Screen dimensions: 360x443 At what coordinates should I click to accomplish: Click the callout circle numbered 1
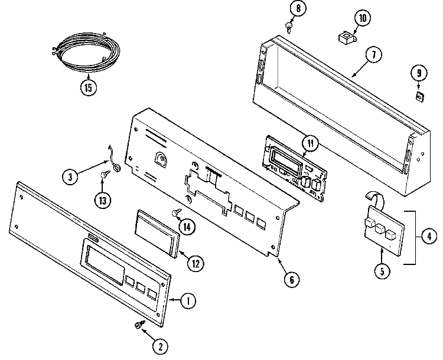pyautogui.click(x=188, y=301)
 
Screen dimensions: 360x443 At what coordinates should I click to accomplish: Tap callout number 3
pyautogui.click(x=71, y=176)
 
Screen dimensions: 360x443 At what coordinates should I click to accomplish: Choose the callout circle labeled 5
pyautogui.click(x=382, y=272)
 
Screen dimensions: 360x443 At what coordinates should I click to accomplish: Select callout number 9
pyautogui.click(x=418, y=73)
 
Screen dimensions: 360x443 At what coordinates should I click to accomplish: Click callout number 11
pyautogui.click(x=311, y=142)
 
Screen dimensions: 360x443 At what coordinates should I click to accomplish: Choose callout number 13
pyautogui.click(x=104, y=199)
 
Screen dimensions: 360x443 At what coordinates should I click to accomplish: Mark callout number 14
pyautogui.click(x=188, y=225)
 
